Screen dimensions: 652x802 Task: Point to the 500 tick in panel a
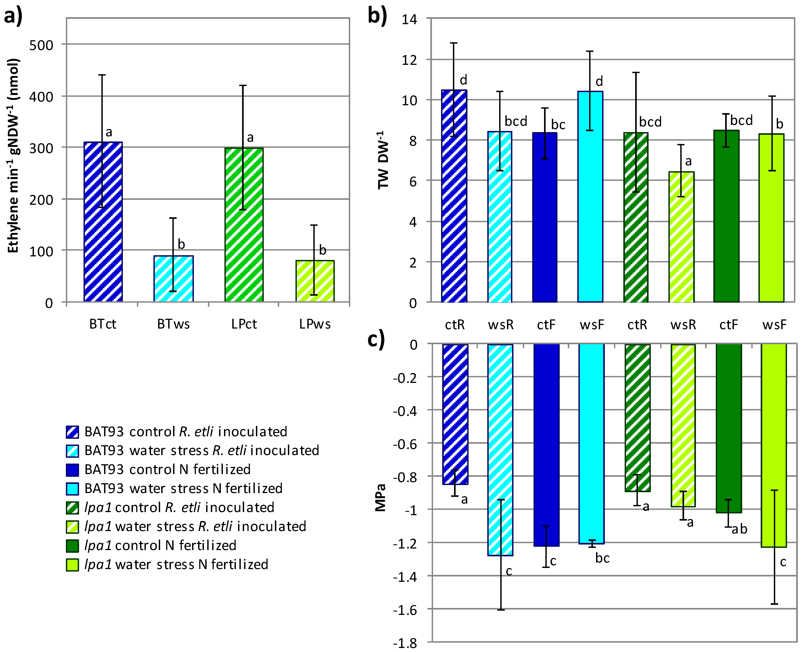[41, 45]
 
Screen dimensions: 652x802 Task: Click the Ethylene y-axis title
[13, 156]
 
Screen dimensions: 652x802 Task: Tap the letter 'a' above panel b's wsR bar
[688, 161]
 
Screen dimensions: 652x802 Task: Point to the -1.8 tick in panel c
[404, 643]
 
